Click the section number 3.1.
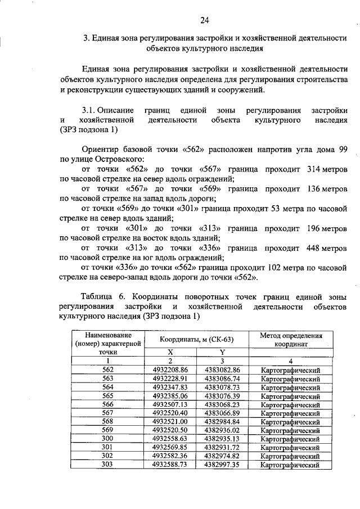[x=91, y=109]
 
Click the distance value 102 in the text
[x=263, y=267]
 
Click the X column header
[x=170, y=352]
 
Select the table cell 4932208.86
[x=170, y=370]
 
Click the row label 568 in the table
[x=108, y=422]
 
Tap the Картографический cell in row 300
[x=291, y=439]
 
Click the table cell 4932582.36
[x=170, y=457]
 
